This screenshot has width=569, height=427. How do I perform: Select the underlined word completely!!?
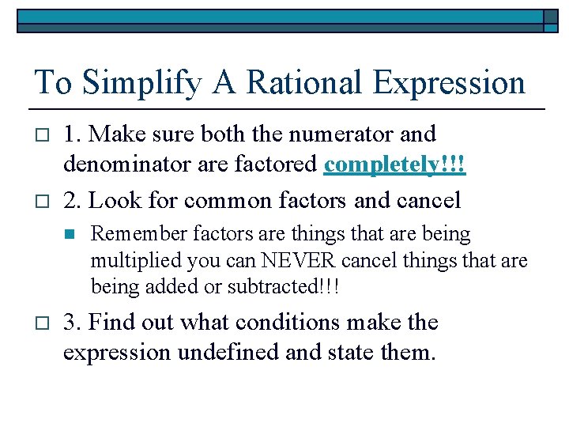pyautogui.click(x=394, y=166)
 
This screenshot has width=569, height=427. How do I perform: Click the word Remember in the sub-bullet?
pyautogui.click(x=132, y=234)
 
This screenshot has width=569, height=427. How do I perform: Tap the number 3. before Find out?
pyautogui.click(x=73, y=322)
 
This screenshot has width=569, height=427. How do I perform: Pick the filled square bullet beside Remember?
pyautogui.click(x=68, y=235)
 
